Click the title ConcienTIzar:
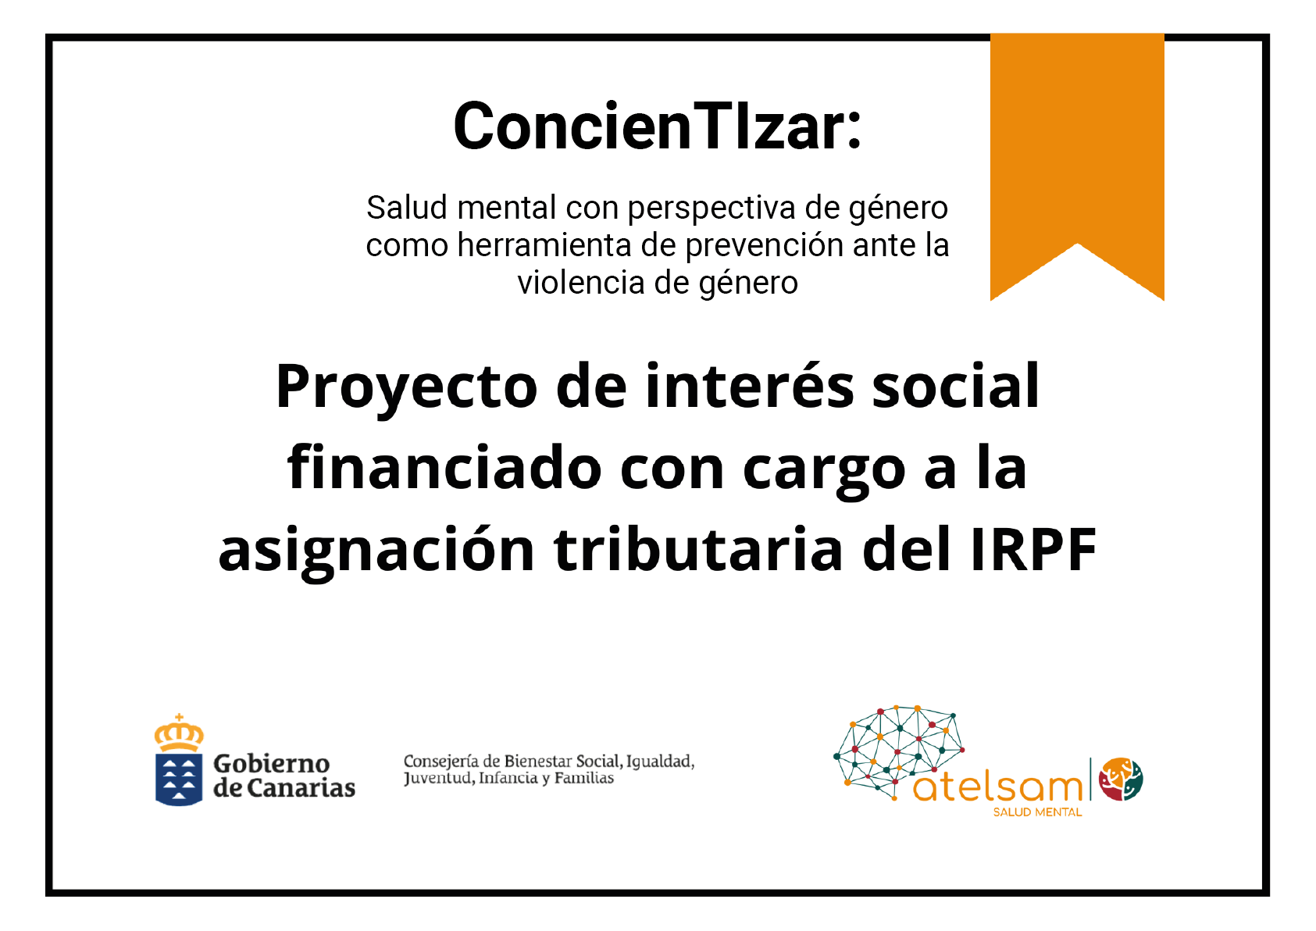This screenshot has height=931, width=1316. click(x=657, y=127)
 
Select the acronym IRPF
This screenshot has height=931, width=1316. click(x=1034, y=550)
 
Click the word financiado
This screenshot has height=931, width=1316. click(x=444, y=466)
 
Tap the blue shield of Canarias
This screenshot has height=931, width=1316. click(x=179, y=779)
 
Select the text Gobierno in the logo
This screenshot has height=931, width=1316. click(x=272, y=764)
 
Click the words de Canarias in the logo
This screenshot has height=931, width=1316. click(x=284, y=787)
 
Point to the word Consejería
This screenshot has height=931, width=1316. click(x=440, y=762)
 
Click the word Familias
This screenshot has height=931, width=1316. click(x=584, y=778)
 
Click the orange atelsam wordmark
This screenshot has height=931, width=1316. click(x=997, y=787)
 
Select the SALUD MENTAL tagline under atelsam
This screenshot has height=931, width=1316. click(x=1037, y=812)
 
